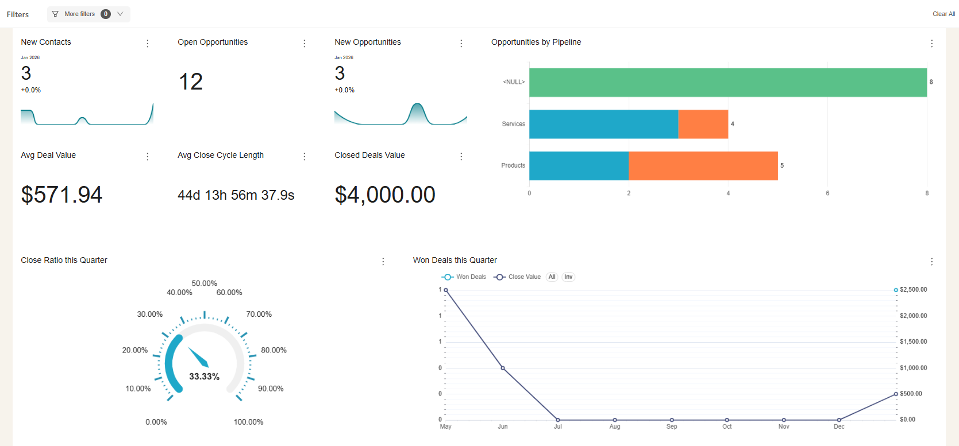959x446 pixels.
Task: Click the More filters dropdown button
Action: (88, 14)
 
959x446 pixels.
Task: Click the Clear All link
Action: (943, 14)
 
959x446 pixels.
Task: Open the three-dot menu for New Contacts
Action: (148, 44)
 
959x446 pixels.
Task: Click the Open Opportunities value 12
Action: (191, 82)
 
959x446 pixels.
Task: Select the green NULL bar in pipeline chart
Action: (727, 83)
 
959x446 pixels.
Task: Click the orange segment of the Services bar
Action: (703, 124)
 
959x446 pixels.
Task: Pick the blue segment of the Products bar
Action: (579, 166)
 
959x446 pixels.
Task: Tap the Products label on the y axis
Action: (513, 165)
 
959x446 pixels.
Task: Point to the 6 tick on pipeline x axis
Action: (827, 193)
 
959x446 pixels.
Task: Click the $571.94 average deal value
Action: (61, 195)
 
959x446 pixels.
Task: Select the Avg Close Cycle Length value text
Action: (236, 195)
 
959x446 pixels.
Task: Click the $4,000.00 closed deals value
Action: (385, 195)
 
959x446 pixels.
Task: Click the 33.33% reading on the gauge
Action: (204, 377)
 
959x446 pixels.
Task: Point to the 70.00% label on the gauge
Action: (259, 314)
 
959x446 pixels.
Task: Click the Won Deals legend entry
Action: (464, 277)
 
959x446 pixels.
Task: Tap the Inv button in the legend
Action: (568, 277)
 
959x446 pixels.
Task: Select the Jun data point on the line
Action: (503, 368)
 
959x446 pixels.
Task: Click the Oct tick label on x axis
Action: (727, 426)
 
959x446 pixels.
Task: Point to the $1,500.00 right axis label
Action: (913, 342)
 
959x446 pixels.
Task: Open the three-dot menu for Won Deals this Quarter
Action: (931, 262)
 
